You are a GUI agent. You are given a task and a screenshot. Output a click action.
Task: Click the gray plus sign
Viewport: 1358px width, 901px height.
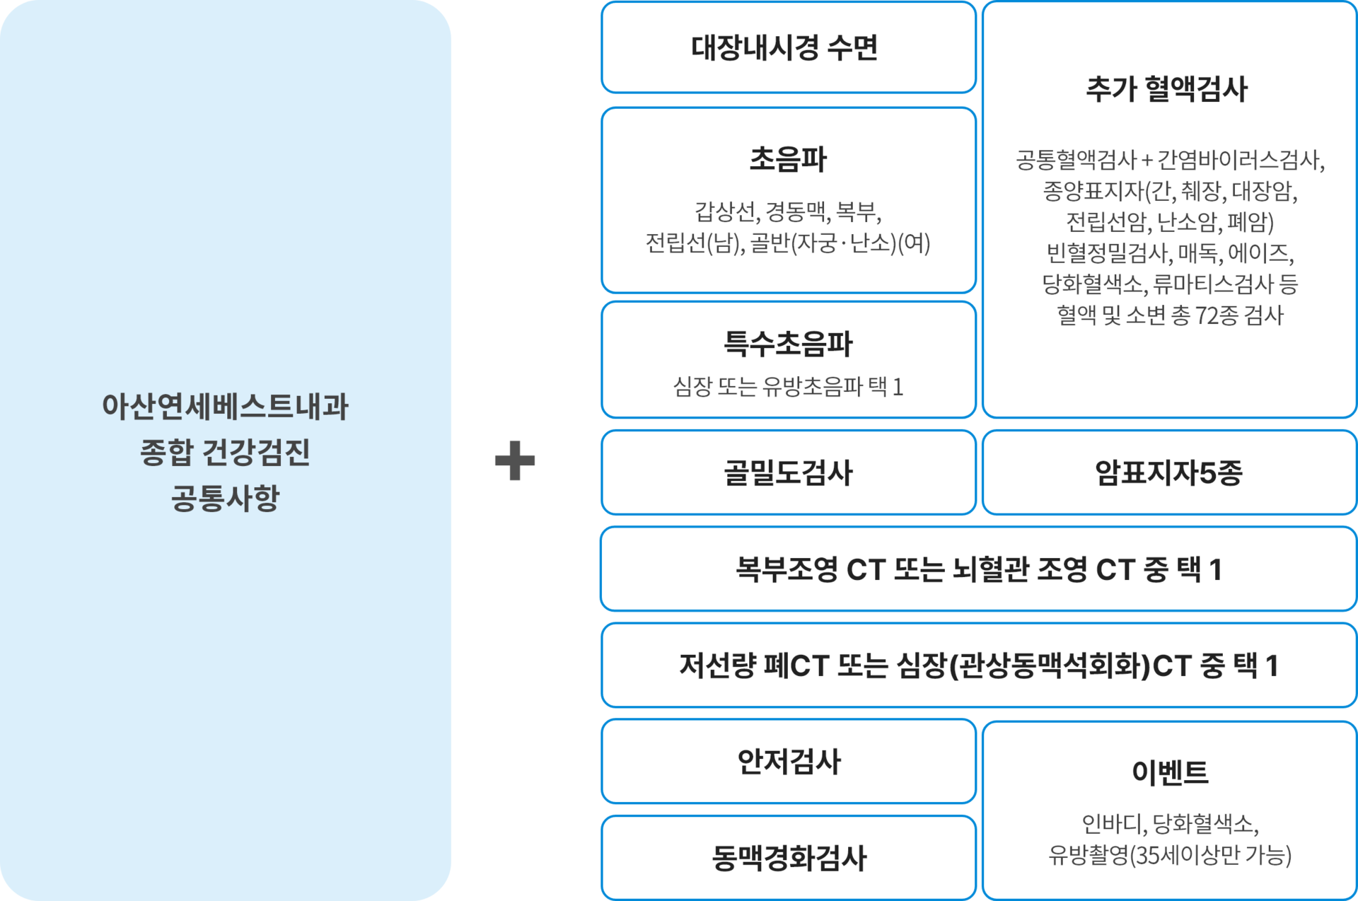[x=514, y=461]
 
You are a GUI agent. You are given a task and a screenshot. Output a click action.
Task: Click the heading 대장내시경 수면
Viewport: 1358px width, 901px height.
[x=784, y=47]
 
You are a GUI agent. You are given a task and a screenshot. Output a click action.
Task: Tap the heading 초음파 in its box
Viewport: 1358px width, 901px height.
[x=788, y=159]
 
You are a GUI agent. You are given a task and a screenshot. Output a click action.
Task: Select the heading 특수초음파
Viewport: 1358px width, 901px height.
[x=788, y=344]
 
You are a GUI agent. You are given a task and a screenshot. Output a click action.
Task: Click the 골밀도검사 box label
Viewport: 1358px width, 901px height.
[x=788, y=472]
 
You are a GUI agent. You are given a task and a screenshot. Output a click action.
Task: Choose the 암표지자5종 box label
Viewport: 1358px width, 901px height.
[x=1168, y=472]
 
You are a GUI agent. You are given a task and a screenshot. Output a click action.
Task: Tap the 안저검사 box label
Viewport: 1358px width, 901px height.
[x=789, y=762]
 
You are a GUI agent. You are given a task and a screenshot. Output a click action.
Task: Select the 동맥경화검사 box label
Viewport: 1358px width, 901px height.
[x=789, y=858]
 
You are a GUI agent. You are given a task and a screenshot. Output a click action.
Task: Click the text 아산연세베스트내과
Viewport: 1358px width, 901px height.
[x=225, y=407]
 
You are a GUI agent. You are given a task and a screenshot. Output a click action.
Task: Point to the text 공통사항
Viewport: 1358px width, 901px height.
[x=225, y=498]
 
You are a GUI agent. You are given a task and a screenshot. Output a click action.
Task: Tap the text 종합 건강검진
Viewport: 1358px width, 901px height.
[x=225, y=453]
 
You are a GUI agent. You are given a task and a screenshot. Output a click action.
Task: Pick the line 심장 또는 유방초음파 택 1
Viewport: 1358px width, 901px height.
[x=788, y=387]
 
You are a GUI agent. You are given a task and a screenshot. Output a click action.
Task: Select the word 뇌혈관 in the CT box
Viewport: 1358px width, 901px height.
[x=990, y=569]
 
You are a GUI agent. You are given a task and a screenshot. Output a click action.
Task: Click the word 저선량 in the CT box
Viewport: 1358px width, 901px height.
[x=717, y=665]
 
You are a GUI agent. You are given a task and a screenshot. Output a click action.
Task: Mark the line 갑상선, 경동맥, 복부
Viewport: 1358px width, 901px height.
[x=788, y=211]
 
